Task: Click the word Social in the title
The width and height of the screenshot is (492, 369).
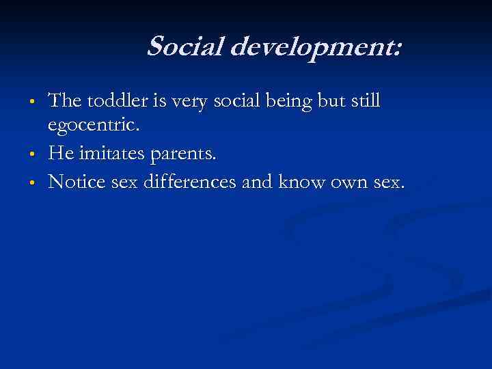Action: click(x=180, y=47)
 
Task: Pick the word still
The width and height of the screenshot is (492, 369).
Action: click(x=363, y=102)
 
